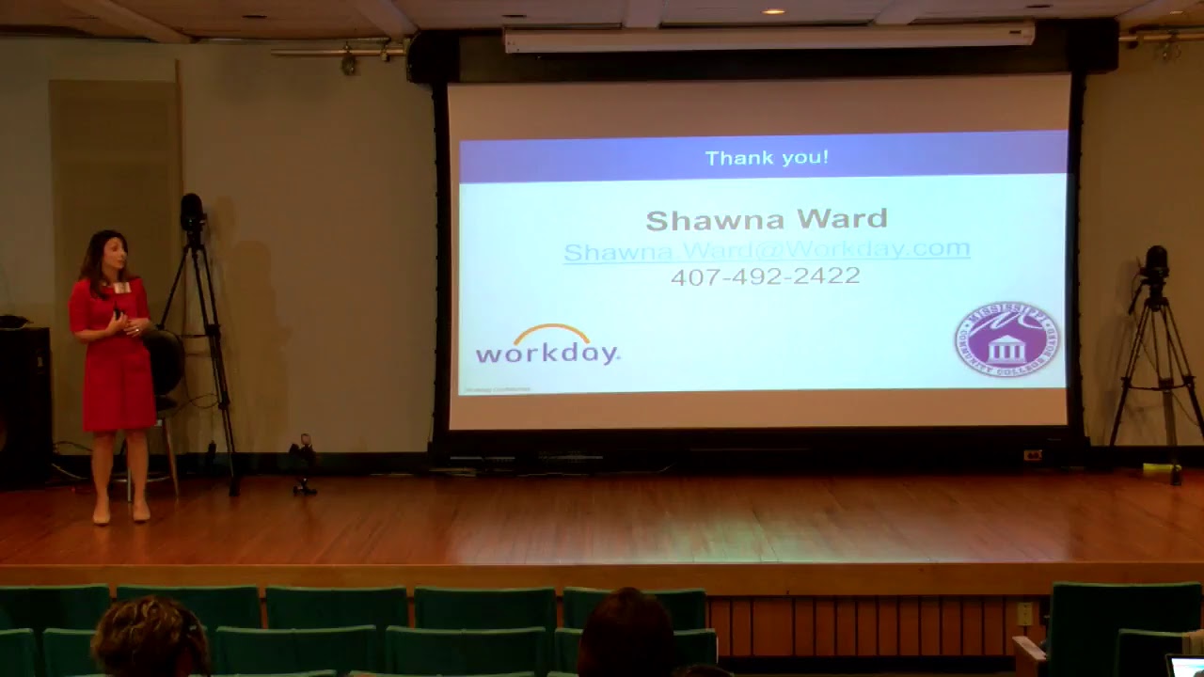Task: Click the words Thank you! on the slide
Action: [x=767, y=158]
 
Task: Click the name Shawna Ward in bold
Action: [x=767, y=220]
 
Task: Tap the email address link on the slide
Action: [x=767, y=250]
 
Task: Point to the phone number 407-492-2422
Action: [x=766, y=276]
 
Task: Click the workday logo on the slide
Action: [x=547, y=347]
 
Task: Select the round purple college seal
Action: [x=1006, y=339]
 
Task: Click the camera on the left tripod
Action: [x=192, y=213]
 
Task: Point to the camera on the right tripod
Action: [x=1156, y=262]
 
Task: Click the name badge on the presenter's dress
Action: [x=121, y=288]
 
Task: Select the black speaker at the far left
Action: [x=24, y=404]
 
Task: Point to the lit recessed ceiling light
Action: [x=772, y=11]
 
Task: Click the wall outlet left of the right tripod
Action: [x=1033, y=455]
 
